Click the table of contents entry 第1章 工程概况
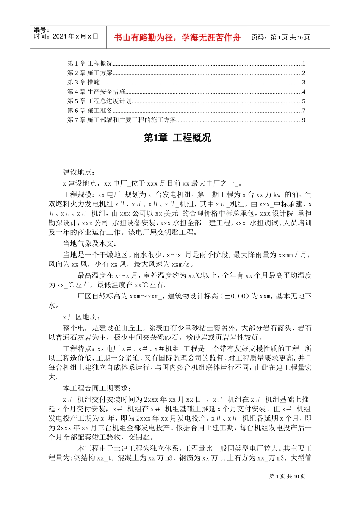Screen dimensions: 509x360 click(x=90, y=64)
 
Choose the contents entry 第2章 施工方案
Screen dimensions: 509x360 click(x=90, y=73)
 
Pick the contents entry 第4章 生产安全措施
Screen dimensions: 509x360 click(x=96, y=92)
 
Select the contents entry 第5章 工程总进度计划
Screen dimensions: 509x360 click(x=99, y=101)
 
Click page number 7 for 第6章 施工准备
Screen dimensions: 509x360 click(x=304, y=111)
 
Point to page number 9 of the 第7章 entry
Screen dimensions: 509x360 click(x=304, y=120)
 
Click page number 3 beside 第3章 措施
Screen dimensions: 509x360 click(x=304, y=83)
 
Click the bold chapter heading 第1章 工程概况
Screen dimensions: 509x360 click(x=177, y=138)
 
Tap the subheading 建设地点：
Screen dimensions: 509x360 click(x=79, y=173)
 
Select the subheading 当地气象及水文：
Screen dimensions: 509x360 click(x=90, y=244)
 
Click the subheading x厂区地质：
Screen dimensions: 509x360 click(x=81, y=317)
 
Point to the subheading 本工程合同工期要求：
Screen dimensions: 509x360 click(x=97, y=389)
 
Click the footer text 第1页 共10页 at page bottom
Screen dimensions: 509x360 click(x=287, y=476)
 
